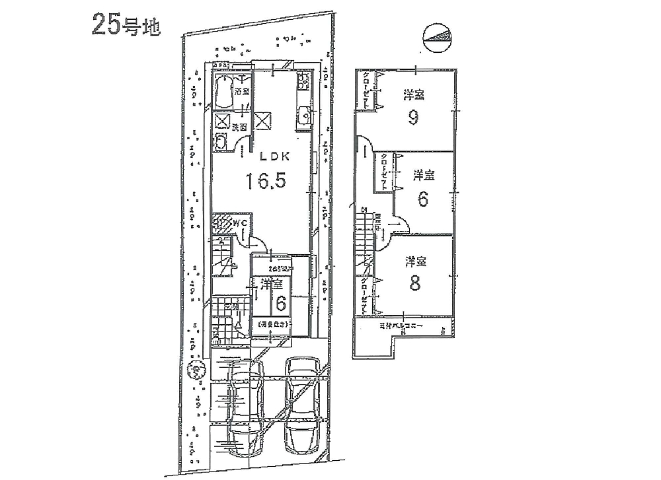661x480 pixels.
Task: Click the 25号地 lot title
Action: (126, 25)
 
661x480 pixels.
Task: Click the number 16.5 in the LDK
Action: (266, 181)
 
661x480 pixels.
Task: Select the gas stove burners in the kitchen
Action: (304, 83)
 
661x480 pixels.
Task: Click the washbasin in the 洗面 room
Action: (221, 141)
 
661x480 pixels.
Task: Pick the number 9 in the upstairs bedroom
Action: (413, 118)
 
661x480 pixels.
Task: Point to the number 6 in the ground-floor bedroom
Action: (280, 303)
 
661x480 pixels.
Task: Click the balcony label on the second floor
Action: (401, 327)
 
